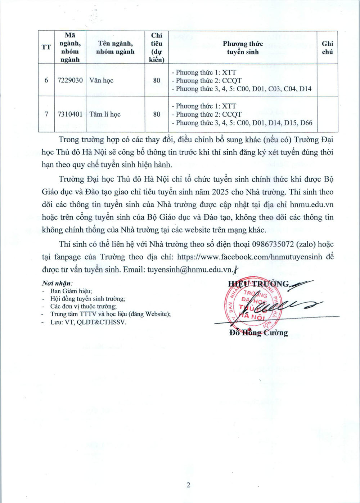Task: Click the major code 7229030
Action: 70,80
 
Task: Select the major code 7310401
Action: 70,114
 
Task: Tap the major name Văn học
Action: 101,80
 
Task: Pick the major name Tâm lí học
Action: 105,114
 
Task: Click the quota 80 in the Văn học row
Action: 157,80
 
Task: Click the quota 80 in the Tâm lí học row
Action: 157,114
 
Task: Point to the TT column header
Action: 46,47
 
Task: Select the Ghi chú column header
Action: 327,48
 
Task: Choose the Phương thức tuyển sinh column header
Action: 243,48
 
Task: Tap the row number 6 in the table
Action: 46,80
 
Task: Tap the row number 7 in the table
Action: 46,114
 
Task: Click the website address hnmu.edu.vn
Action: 312,205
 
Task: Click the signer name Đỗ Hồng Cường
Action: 258,333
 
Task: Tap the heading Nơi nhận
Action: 57,283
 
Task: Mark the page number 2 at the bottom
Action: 188,485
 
